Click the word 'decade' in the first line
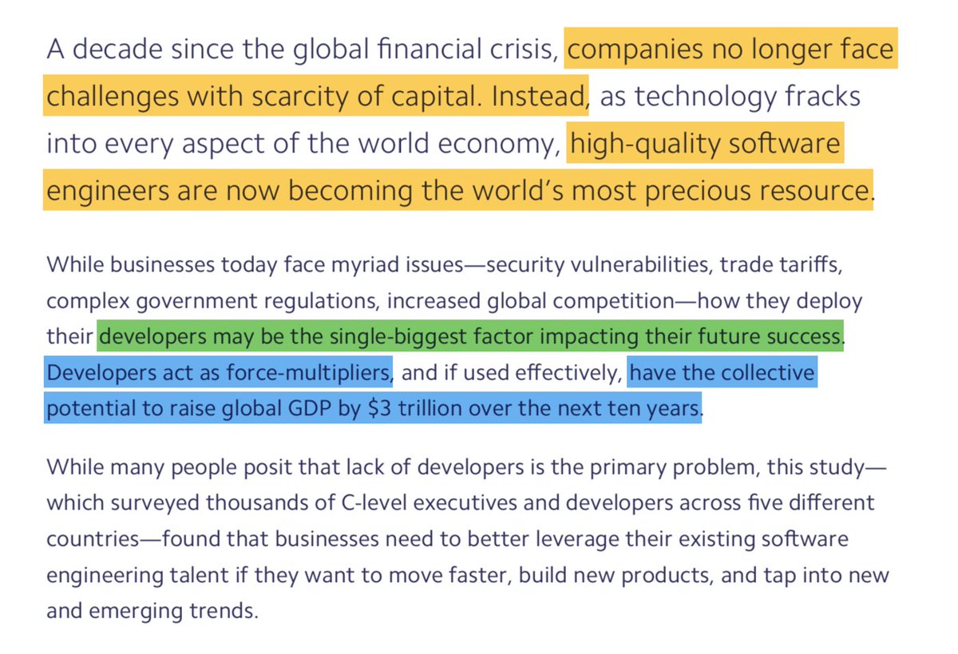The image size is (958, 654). coord(117,50)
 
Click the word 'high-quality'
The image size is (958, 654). coord(655,145)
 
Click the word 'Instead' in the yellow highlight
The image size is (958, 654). coord(539,97)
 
